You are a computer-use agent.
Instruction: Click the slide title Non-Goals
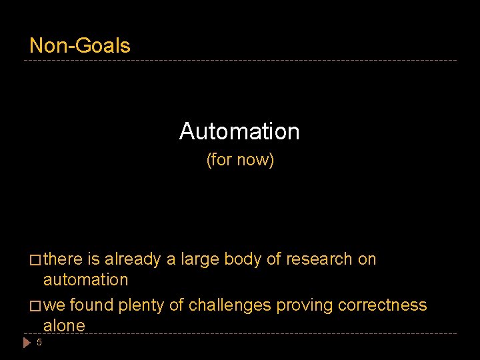pos(80,45)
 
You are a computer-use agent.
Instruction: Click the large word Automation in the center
pos(239,131)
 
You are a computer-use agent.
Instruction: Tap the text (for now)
pos(240,160)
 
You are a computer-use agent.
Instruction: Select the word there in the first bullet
pos(63,259)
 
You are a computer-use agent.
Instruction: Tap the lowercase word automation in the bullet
pos(85,280)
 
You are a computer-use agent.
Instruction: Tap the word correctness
pos(383,305)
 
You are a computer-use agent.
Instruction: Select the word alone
pos(64,326)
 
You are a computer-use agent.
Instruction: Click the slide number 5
pos(39,343)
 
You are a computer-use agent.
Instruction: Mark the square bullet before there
pos(35,260)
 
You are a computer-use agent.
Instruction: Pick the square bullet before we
pos(35,306)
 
